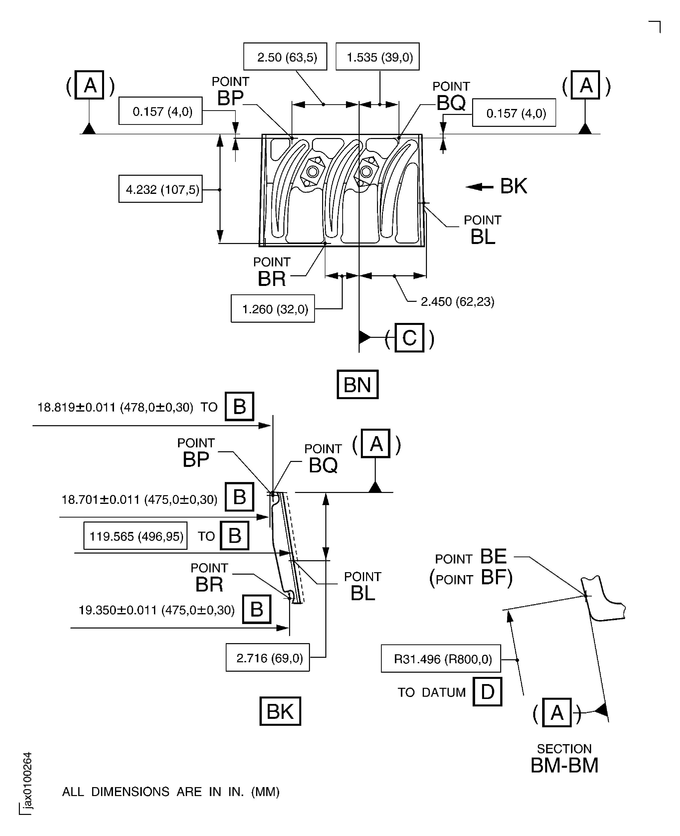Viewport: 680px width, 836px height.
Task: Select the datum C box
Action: click(x=409, y=338)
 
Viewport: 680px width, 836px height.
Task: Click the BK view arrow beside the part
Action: click(x=480, y=187)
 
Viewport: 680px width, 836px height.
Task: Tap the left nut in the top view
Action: click(x=313, y=172)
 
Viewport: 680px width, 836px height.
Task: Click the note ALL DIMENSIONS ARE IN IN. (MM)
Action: click(x=171, y=792)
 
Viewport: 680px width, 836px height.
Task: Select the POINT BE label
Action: click(x=471, y=557)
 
